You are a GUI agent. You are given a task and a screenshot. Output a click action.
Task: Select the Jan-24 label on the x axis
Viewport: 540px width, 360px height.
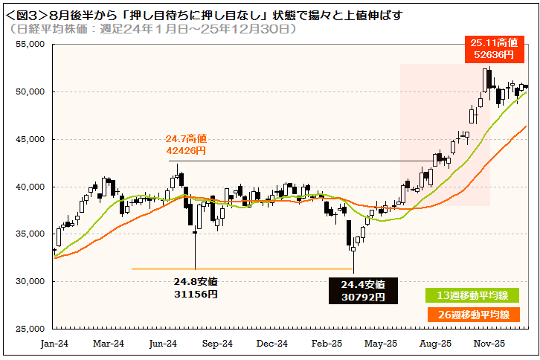(54, 344)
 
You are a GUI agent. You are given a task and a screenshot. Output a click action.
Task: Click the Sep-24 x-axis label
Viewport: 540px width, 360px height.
(217, 344)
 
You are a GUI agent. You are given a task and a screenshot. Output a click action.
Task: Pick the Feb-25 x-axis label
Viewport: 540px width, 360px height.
(327, 344)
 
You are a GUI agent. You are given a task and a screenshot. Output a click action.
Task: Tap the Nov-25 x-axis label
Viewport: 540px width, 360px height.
(489, 344)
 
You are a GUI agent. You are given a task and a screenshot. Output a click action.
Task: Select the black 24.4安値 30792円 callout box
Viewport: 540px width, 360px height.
(363, 291)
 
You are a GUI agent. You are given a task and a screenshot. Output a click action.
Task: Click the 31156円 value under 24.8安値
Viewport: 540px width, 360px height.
(196, 294)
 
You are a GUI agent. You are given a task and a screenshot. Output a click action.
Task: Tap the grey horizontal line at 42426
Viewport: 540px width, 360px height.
(298, 161)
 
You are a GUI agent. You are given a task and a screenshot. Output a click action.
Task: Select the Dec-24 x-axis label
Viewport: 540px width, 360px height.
(272, 344)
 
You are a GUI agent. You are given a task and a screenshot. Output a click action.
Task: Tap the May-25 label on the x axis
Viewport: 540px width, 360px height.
(381, 344)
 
